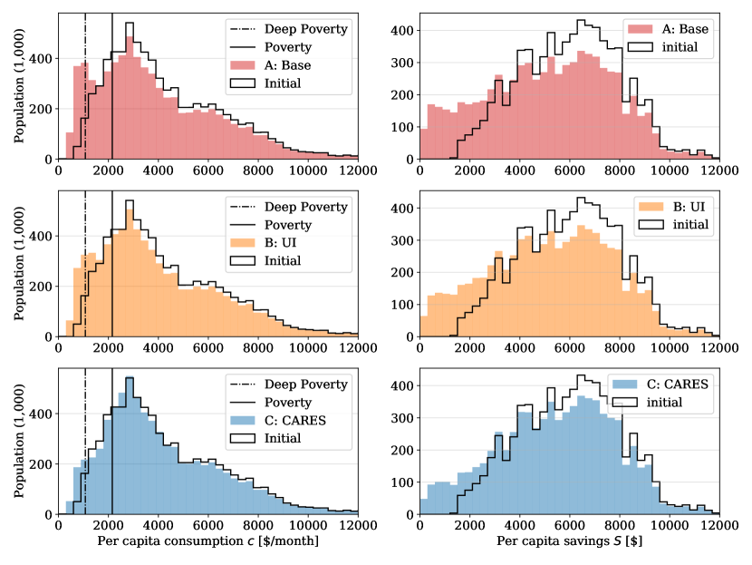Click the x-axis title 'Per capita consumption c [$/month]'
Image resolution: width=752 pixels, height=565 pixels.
point(208,542)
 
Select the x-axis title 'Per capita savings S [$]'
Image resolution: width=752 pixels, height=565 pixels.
point(569,542)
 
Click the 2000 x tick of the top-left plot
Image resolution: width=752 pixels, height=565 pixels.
point(108,170)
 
